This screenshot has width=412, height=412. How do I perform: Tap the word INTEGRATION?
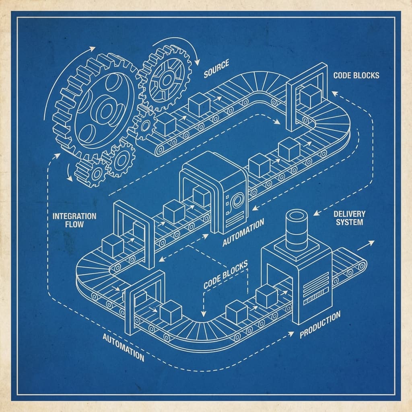point(74,216)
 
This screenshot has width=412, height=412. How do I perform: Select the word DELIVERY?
point(347,213)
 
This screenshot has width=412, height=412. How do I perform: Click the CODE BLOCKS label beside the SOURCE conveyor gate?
point(356,75)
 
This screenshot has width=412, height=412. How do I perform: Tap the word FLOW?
point(74,224)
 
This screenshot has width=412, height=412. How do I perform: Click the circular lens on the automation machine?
point(237,199)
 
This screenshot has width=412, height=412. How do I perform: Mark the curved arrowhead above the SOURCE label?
point(197,62)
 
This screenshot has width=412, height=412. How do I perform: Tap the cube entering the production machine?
point(267,296)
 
